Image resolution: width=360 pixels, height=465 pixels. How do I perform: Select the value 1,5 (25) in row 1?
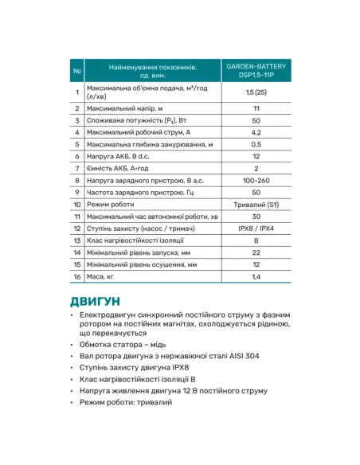(256, 92)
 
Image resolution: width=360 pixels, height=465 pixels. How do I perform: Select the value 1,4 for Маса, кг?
(256, 275)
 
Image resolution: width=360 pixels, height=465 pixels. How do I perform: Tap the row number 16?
(77, 275)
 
